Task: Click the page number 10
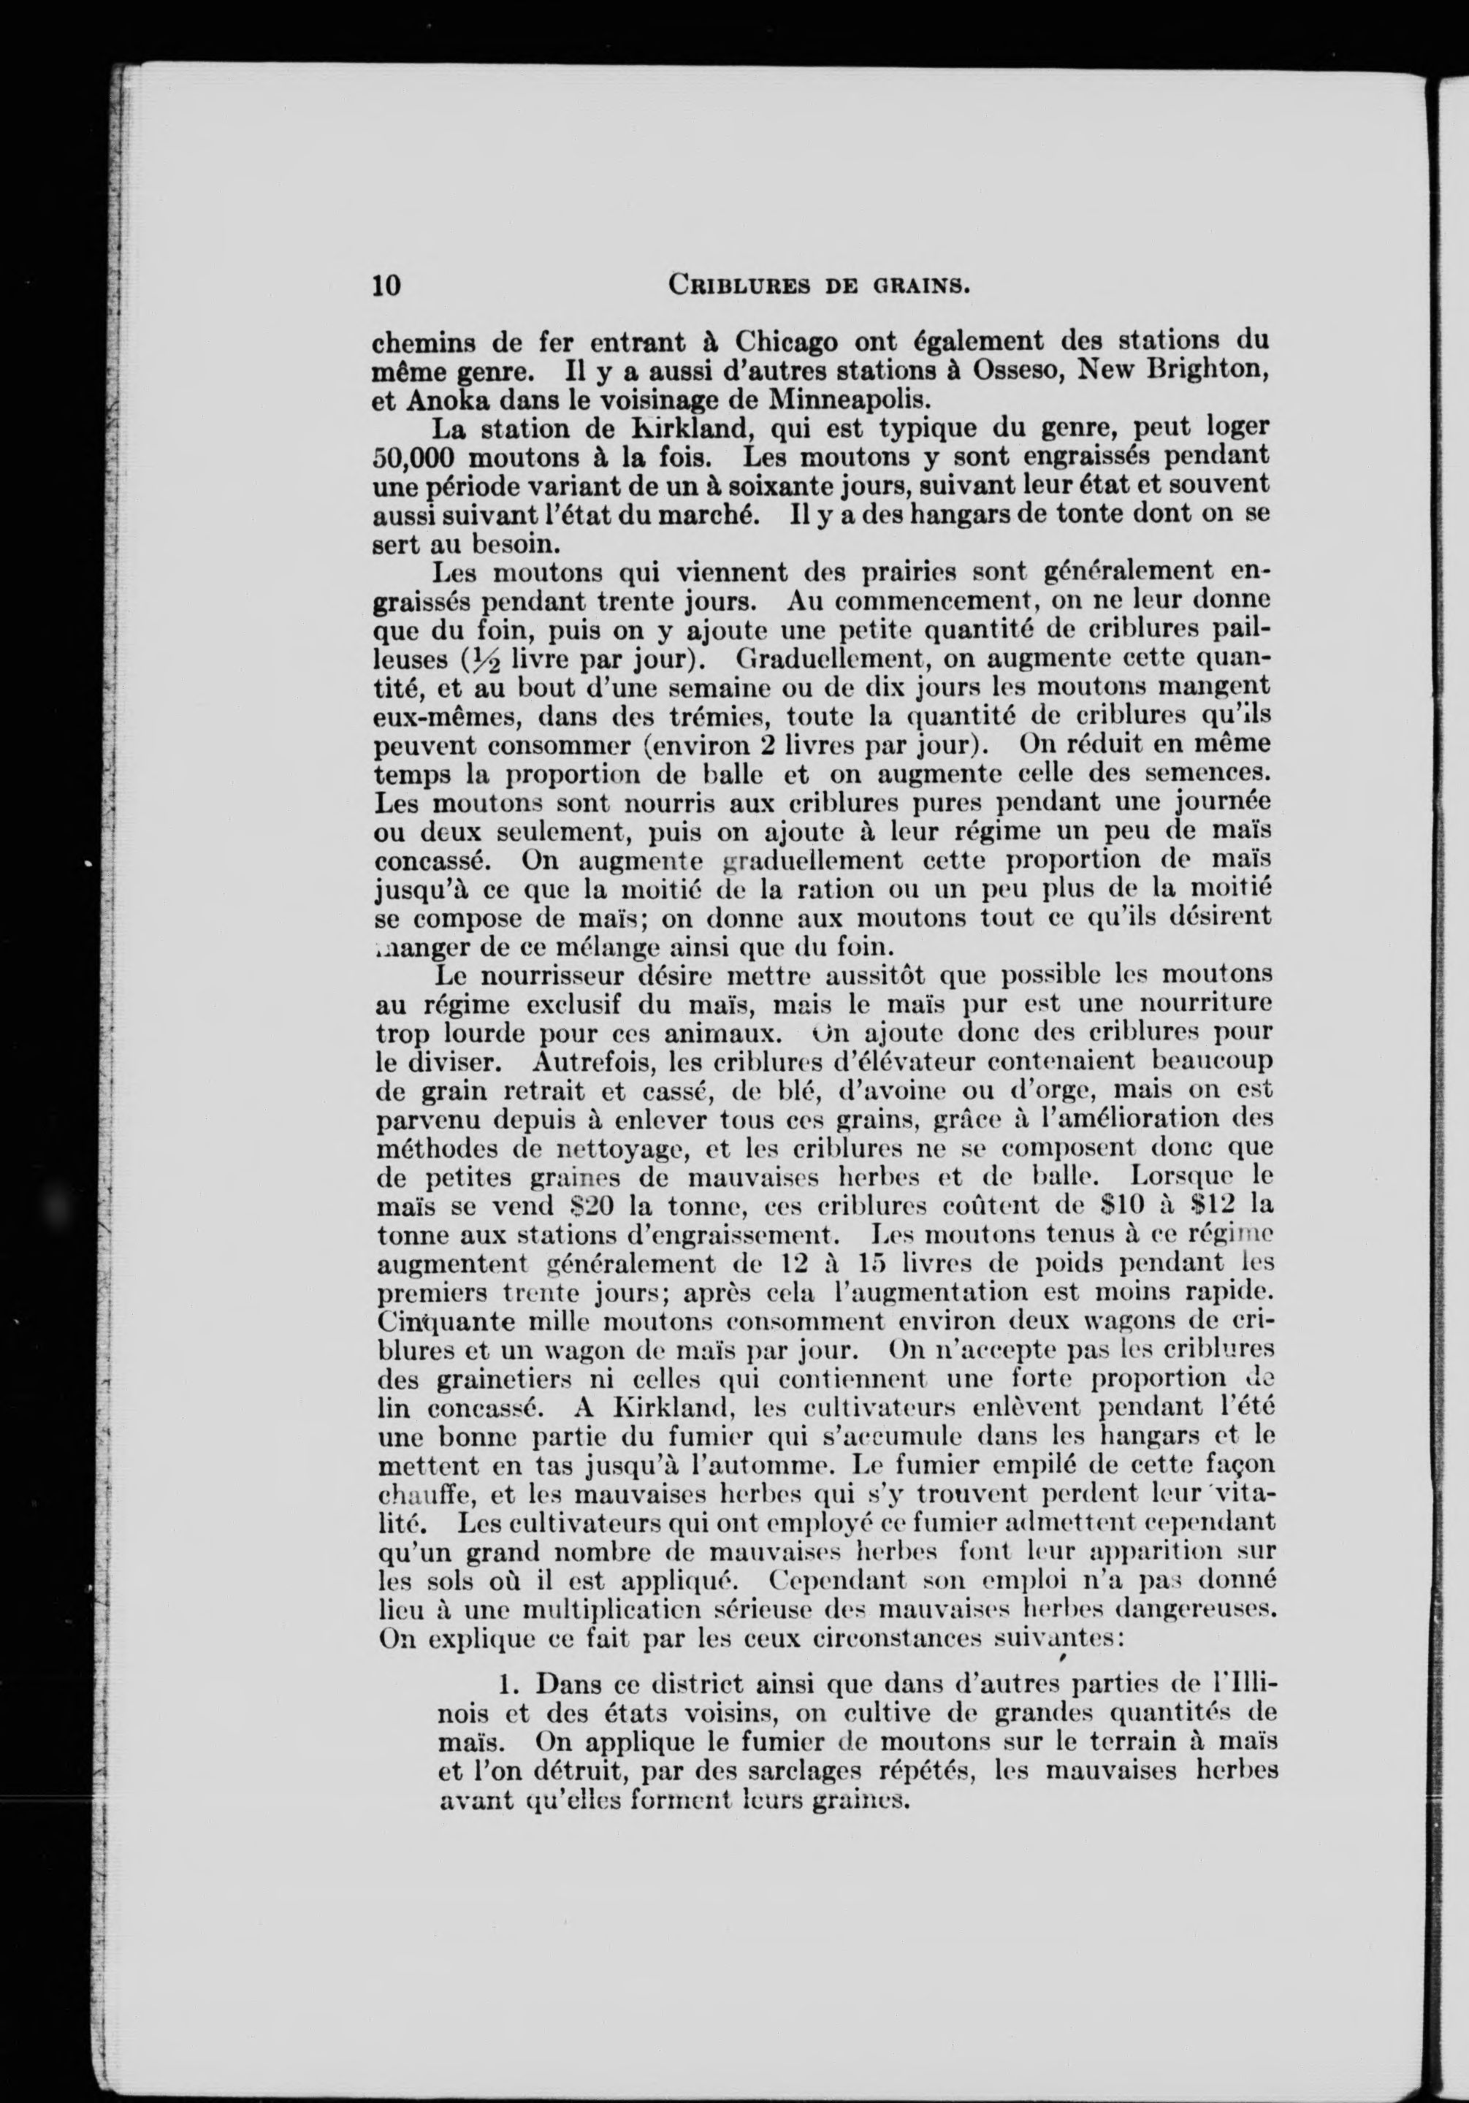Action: pyautogui.click(x=386, y=286)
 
